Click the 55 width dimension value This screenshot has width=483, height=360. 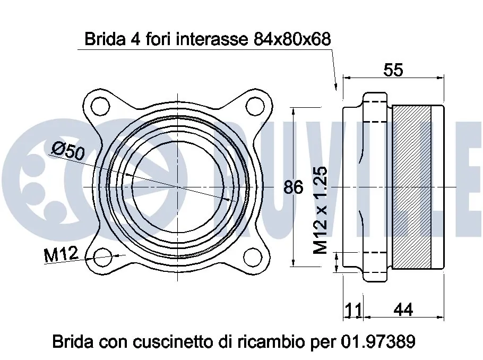click(393, 70)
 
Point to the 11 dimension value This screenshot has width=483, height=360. click(353, 310)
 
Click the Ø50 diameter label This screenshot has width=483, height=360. click(68, 152)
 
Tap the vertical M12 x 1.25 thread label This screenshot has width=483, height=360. click(320, 210)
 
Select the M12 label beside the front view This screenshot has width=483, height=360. click(61, 255)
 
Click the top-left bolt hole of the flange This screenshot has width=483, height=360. click(99, 106)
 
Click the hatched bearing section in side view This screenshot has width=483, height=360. click(411, 187)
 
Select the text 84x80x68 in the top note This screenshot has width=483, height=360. click(290, 39)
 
